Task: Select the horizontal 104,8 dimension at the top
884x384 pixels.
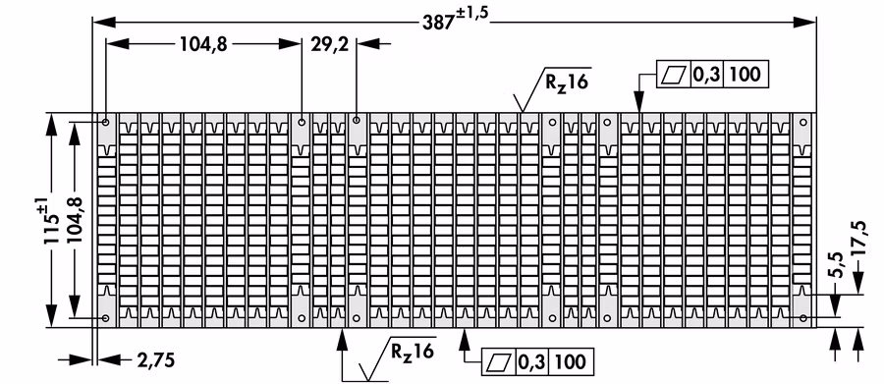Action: click(x=203, y=44)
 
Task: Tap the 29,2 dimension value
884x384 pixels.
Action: click(x=329, y=44)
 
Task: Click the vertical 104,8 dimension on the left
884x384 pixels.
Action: click(x=74, y=220)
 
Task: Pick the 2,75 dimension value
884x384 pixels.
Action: click(x=155, y=359)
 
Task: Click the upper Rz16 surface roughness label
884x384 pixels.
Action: click(x=566, y=82)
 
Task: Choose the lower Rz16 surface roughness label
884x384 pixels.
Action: click(x=413, y=351)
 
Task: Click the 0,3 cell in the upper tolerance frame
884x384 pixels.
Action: click(x=706, y=75)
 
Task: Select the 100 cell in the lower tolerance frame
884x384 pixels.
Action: click(x=571, y=361)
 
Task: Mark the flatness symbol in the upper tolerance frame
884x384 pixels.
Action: click(x=674, y=75)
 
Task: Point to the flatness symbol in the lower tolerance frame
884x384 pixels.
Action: click(x=499, y=361)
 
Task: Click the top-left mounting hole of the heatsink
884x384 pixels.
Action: click(x=106, y=122)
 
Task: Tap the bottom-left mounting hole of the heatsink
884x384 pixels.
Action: click(x=106, y=318)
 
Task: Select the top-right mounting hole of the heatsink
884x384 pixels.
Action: click(x=803, y=122)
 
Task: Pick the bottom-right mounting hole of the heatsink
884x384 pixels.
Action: click(x=803, y=318)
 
